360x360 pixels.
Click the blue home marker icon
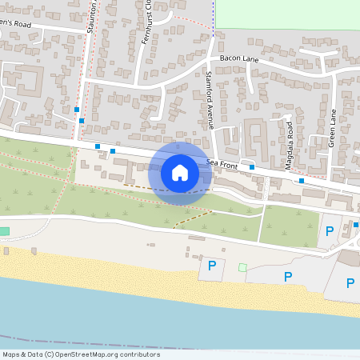click(180, 173)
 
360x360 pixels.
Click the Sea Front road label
click(222, 163)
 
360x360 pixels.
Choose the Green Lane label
click(332, 127)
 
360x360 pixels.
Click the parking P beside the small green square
click(212, 266)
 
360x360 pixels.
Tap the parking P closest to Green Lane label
click(329, 231)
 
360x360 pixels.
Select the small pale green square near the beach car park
click(242, 266)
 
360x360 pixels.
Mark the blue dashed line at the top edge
click(214, 16)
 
